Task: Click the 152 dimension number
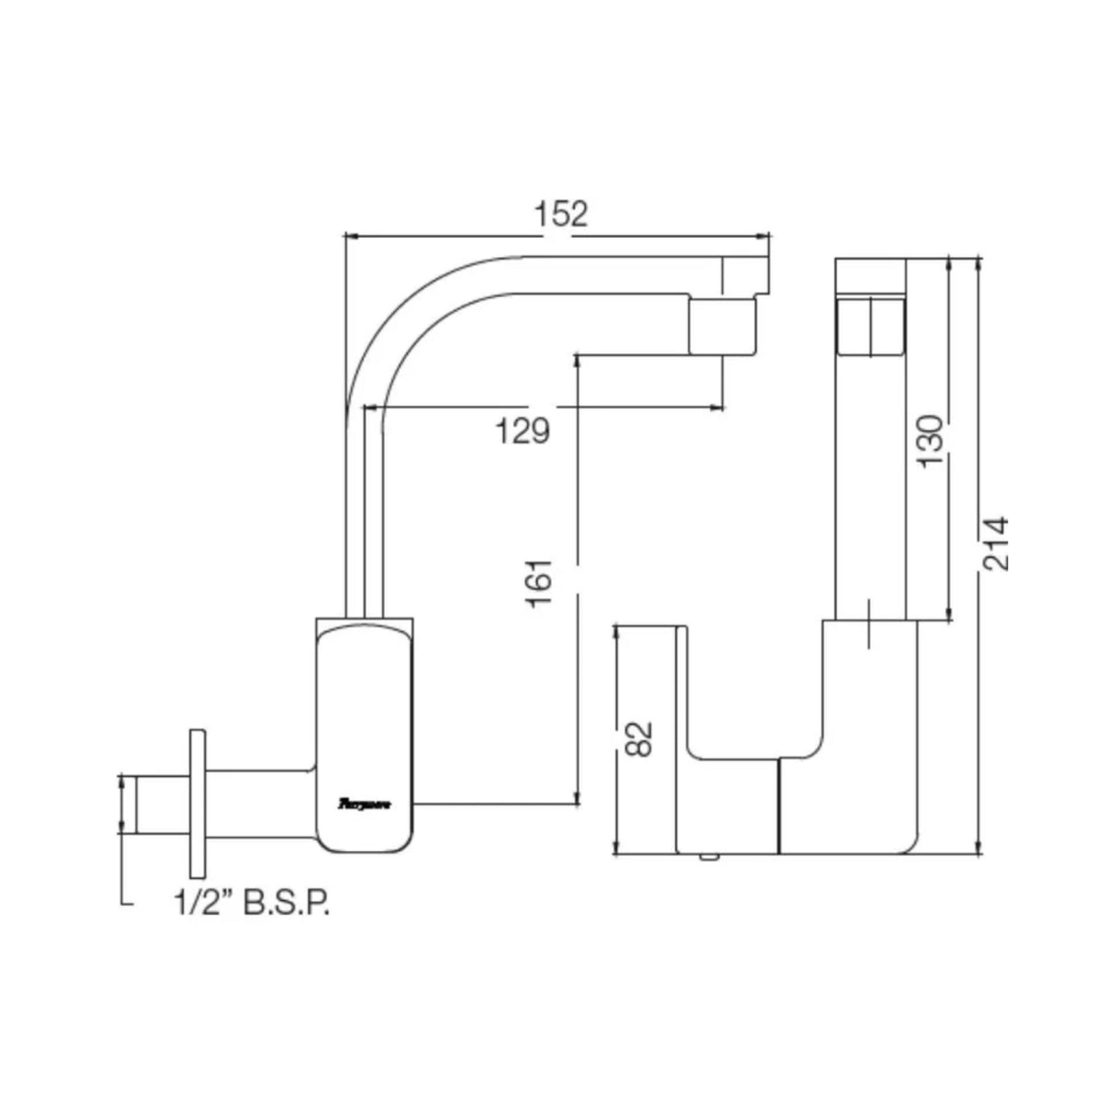(x=561, y=214)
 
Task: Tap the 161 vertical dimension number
(x=540, y=583)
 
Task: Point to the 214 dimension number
(x=996, y=543)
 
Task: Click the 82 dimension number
(x=639, y=739)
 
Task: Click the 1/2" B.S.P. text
(x=252, y=903)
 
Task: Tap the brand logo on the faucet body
(x=365, y=805)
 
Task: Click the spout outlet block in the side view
(x=722, y=326)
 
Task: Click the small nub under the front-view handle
(x=707, y=856)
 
